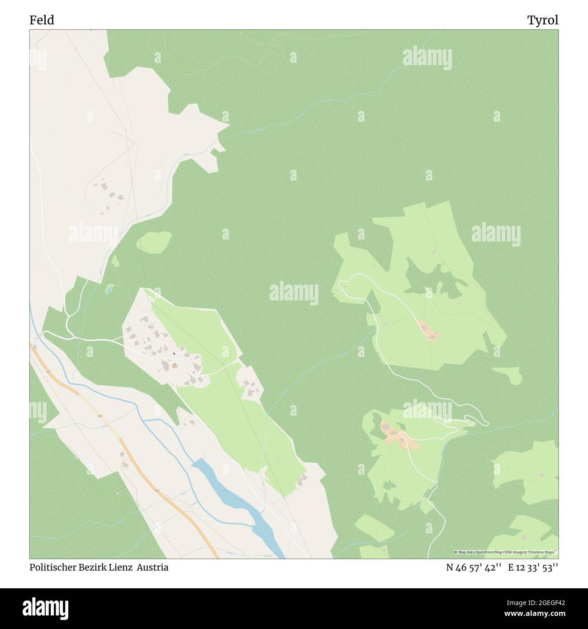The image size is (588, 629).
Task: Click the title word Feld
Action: [x=42, y=20]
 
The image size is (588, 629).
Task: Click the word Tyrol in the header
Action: [x=542, y=20]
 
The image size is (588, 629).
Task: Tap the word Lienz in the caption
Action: [x=121, y=567]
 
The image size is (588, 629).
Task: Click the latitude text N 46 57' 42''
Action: [x=472, y=567]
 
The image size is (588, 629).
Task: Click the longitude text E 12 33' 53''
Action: [x=533, y=567]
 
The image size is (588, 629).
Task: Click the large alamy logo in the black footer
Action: [x=47, y=606]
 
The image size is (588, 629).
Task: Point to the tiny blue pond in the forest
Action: [x=109, y=288]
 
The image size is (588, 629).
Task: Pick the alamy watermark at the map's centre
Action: [x=294, y=292]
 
